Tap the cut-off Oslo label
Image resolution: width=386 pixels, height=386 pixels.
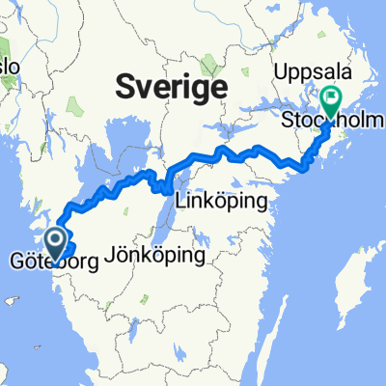tap(10, 68)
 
